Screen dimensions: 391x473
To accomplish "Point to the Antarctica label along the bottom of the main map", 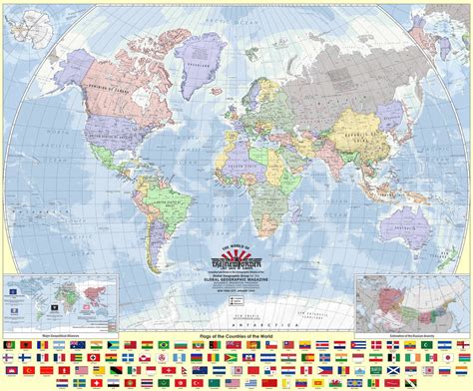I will [x=236, y=297].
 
